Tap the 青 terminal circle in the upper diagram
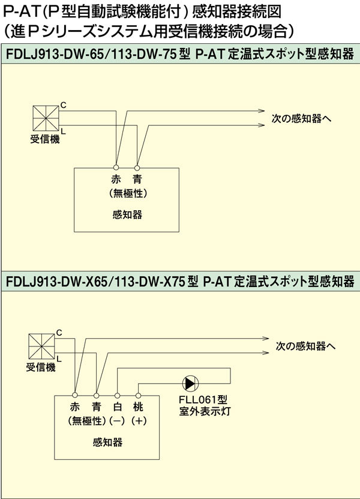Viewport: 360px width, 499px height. [x=137, y=167]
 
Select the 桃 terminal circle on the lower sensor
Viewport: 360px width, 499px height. [x=139, y=396]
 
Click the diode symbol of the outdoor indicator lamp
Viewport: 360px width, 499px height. [x=190, y=382]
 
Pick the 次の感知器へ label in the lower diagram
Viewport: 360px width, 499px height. [x=305, y=346]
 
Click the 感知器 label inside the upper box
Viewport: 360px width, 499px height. [x=127, y=215]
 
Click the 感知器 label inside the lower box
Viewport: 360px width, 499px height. [x=108, y=443]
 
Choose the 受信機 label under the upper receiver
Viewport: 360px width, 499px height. [x=45, y=140]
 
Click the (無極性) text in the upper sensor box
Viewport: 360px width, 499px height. [x=127, y=193]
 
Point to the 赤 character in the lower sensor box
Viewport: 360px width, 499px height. [x=75, y=408]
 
